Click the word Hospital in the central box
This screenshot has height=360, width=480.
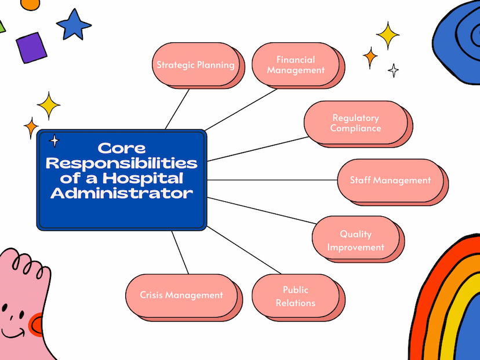tap(143, 178)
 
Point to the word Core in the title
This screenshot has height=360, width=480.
tap(122, 148)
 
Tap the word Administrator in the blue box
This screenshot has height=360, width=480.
tap(122, 193)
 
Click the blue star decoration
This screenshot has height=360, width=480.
tap(74, 24)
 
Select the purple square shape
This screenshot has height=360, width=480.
tap(31, 48)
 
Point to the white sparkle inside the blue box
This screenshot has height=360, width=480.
tap(54, 141)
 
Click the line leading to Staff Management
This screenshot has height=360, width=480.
tap(272, 180)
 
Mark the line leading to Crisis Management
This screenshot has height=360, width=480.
tap(180, 252)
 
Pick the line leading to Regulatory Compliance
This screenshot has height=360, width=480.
tap(258, 149)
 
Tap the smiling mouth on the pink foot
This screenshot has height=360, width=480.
tap(13, 333)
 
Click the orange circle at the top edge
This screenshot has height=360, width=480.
tap(30, 4)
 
